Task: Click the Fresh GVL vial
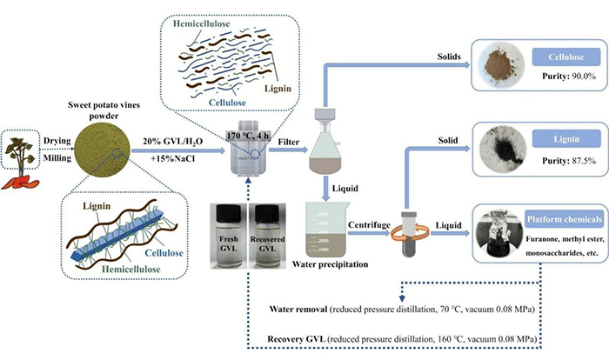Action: [x=228, y=236]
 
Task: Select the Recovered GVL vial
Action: [x=267, y=236]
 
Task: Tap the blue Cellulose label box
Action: [x=565, y=57]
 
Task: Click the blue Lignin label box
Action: [x=566, y=138]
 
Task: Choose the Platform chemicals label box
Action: [x=564, y=219]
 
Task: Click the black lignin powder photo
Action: [x=503, y=148]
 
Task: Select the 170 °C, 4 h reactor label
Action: [x=248, y=136]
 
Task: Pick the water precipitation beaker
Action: [x=328, y=230]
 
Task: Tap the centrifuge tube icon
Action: [x=409, y=234]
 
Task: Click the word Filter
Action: [x=289, y=142]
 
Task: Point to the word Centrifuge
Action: [x=369, y=225]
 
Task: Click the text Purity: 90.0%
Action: [x=569, y=77]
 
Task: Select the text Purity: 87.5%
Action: [x=569, y=160]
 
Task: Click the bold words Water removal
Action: [x=298, y=310]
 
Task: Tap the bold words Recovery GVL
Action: [x=296, y=339]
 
